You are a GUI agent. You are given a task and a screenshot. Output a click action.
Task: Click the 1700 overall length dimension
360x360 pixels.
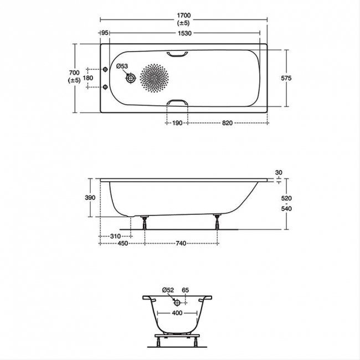[184, 16]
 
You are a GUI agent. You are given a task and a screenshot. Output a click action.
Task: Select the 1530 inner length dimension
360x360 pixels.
[184, 33]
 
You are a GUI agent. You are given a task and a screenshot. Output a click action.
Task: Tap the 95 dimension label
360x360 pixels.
[105, 33]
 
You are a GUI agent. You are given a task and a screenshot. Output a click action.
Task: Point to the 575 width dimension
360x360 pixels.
[286, 78]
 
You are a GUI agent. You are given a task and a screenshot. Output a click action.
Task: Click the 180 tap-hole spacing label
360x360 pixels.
[88, 78]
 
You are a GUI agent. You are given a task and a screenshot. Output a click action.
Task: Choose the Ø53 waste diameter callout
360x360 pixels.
[122, 66]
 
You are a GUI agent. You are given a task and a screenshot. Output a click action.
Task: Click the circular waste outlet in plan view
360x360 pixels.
[131, 78]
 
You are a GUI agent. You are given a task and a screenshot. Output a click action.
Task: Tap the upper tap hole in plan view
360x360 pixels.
[105, 69]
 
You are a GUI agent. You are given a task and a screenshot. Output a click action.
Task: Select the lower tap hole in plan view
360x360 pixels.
[105, 87]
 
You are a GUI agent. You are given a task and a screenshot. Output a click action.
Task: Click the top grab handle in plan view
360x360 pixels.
[177, 54]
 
